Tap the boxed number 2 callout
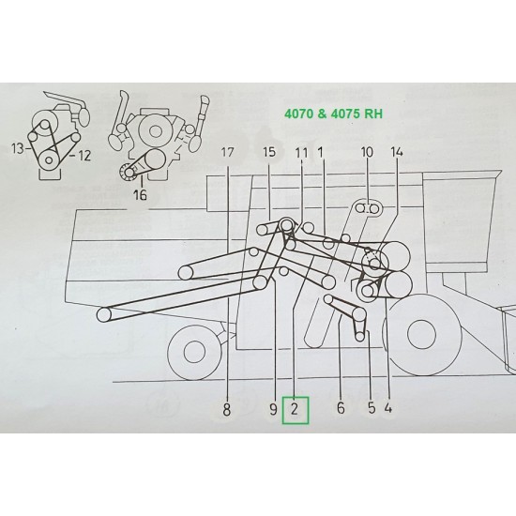[x=295, y=409]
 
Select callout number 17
[x=228, y=153]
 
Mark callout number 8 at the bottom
[x=227, y=409]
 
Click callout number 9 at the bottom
[x=272, y=409]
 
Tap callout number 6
[x=341, y=409]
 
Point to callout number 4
[x=388, y=409]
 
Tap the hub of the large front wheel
[x=419, y=340]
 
